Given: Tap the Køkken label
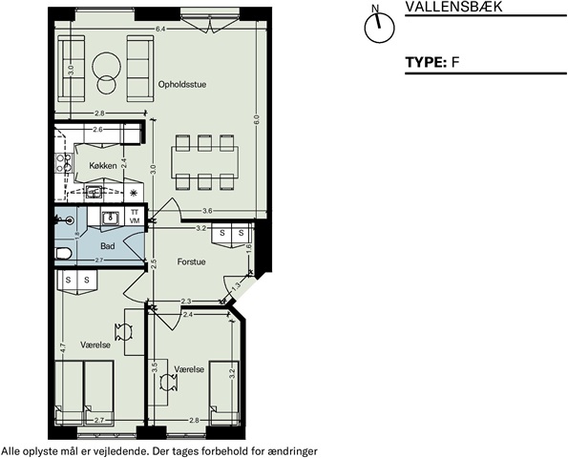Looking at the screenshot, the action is point(103,165).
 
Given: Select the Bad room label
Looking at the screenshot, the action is point(108,246).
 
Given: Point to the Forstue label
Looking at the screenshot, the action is point(191,261).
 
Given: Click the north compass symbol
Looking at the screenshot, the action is point(379,25).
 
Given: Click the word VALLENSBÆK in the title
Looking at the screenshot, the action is point(453,7).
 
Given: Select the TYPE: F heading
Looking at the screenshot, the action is point(432,62).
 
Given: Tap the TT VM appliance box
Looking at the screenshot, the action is point(135,217).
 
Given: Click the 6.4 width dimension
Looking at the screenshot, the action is point(160,30).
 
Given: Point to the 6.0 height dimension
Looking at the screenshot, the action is point(257,120).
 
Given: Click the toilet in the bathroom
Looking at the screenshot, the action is point(64,254).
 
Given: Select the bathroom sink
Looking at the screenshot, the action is point(110,218).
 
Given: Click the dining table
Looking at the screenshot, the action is point(204,162).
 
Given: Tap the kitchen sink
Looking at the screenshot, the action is point(95,192).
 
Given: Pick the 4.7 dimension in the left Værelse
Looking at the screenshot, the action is point(63,348).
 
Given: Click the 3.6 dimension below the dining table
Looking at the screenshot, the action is point(207,211).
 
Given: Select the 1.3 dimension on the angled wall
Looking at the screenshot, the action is point(236,286).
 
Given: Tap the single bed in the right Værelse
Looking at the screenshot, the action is point(224,393).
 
